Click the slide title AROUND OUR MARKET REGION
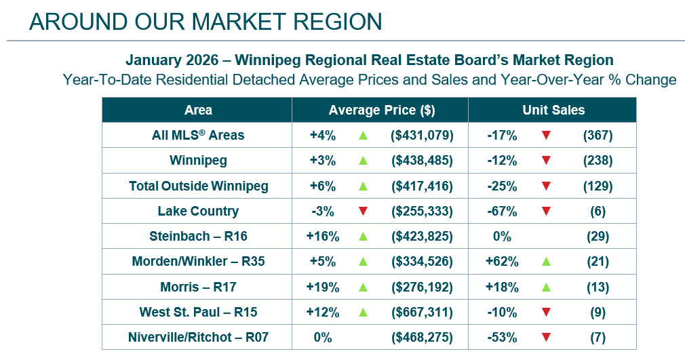tap(206, 22)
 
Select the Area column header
tap(198, 110)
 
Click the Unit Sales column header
tap(553, 110)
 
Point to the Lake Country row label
tap(198, 211)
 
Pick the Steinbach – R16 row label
tap(198, 236)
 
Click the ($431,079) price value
tap(422, 135)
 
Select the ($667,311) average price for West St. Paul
tap(422, 312)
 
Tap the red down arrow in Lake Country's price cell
tap(363, 211)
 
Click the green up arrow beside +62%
tap(546, 262)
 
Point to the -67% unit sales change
tap(502, 211)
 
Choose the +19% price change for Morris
tap(322, 287)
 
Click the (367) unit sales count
tap(598, 135)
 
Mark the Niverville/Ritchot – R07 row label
tap(198, 337)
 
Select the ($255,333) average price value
tap(422, 211)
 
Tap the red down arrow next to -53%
tap(546, 338)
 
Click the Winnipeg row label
tap(198, 161)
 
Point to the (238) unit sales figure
tap(598, 161)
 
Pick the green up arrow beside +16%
tap(363, 237)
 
